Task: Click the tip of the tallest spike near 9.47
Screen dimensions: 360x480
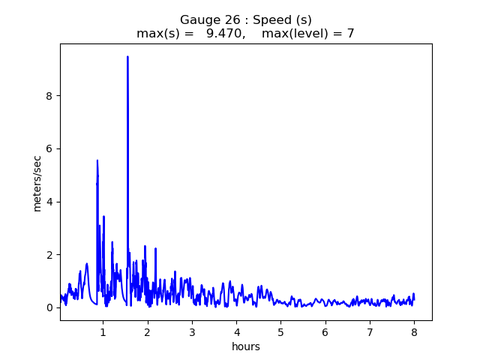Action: tap(127, 57)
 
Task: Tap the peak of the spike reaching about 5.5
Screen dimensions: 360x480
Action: tap(97, 160)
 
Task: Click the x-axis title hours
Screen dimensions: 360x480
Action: tap(246, 346)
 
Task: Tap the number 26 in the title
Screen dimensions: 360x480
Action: tap(227, 19)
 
